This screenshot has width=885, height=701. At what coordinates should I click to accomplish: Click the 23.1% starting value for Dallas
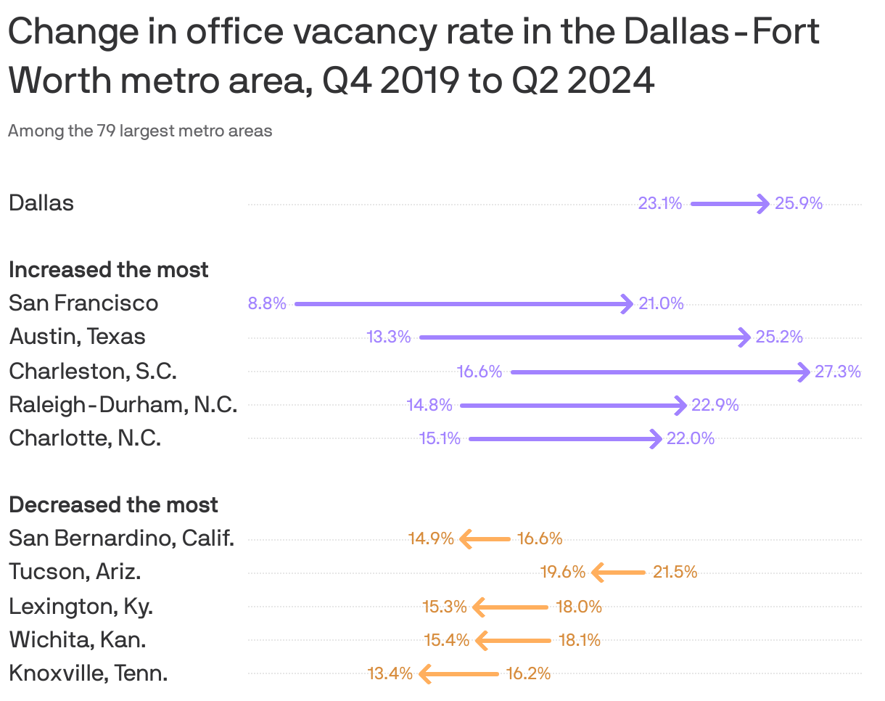(x=659, y=204)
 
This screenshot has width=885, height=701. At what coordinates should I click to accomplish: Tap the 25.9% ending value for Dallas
(x=799, y=204)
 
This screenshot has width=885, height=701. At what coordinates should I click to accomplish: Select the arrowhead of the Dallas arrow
(x=763, y=204)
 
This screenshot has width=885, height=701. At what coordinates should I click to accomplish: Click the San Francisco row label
(x=83, y=303)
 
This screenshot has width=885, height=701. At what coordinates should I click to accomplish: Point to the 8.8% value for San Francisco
(x=267, y=304)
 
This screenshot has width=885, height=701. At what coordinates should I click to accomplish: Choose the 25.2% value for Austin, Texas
(x=779, y=337)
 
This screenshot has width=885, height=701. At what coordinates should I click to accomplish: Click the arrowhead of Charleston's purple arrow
(x=803, y=372)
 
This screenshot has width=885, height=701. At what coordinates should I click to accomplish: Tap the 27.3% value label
(x=838, y=372)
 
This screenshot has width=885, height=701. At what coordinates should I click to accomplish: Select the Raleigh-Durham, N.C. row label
(x=123, y=405)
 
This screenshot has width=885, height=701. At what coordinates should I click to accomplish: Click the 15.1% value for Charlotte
(x=440, y=439)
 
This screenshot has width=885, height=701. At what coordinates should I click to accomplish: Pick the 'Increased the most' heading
(x=109, y=270)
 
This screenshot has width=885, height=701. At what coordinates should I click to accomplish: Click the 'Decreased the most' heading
(x=114, y=505)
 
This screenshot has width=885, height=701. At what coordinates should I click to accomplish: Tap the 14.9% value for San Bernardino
(x=431, y=538)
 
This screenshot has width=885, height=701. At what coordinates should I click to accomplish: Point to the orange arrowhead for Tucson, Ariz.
(x=598, y=573)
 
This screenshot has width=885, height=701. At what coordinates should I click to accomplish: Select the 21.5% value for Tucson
(x=675, y=573)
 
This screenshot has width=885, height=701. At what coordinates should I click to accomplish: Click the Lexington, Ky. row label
(x=81, y=607)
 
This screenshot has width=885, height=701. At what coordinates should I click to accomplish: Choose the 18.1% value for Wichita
(x=580, y=640)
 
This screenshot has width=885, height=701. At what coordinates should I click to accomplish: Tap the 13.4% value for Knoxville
(x=390, y=674)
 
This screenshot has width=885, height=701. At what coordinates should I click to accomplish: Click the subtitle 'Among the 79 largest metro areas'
(x=140, y=131)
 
